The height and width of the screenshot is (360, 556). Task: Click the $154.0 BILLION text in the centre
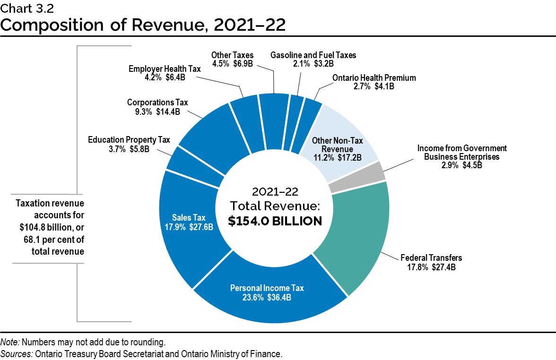(275, 221)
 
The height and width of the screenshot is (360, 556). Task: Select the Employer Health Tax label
(165, 69)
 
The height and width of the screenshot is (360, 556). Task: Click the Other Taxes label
(232, 55)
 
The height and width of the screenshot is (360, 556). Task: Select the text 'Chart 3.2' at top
(22, 7)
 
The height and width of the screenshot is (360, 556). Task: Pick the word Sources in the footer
(15, 354)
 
